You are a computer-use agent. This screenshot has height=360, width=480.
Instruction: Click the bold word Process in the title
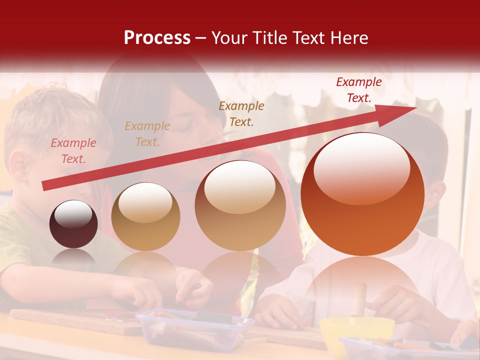click(157, 38)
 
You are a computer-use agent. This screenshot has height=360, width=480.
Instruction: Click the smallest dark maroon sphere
click(73, 224)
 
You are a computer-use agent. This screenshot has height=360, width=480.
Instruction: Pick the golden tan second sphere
click(145, 217)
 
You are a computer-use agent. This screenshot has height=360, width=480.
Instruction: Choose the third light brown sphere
click(240, 205)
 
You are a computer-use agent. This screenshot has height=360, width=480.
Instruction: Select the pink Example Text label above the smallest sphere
click(73, 151)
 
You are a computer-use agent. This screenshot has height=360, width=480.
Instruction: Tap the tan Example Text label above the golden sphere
click(147, 134)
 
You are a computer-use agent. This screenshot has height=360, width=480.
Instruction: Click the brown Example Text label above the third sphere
click(241, 113)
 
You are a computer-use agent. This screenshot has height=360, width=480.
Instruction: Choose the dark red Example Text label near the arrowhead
click(358, 90)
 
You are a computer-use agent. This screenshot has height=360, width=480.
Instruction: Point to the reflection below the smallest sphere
click(73, 258)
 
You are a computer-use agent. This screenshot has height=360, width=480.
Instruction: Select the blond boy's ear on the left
click(19, 165)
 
